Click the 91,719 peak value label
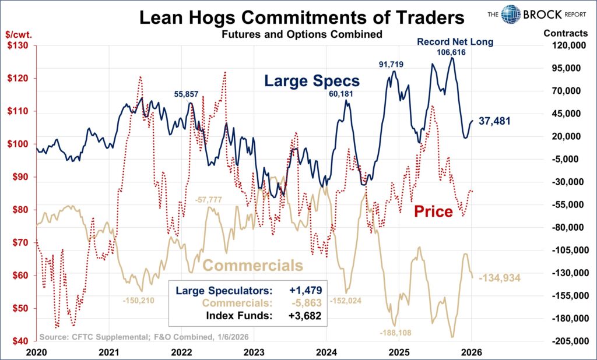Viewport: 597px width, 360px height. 391,63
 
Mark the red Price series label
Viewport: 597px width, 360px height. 433,211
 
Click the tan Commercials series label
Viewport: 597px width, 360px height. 252,266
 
